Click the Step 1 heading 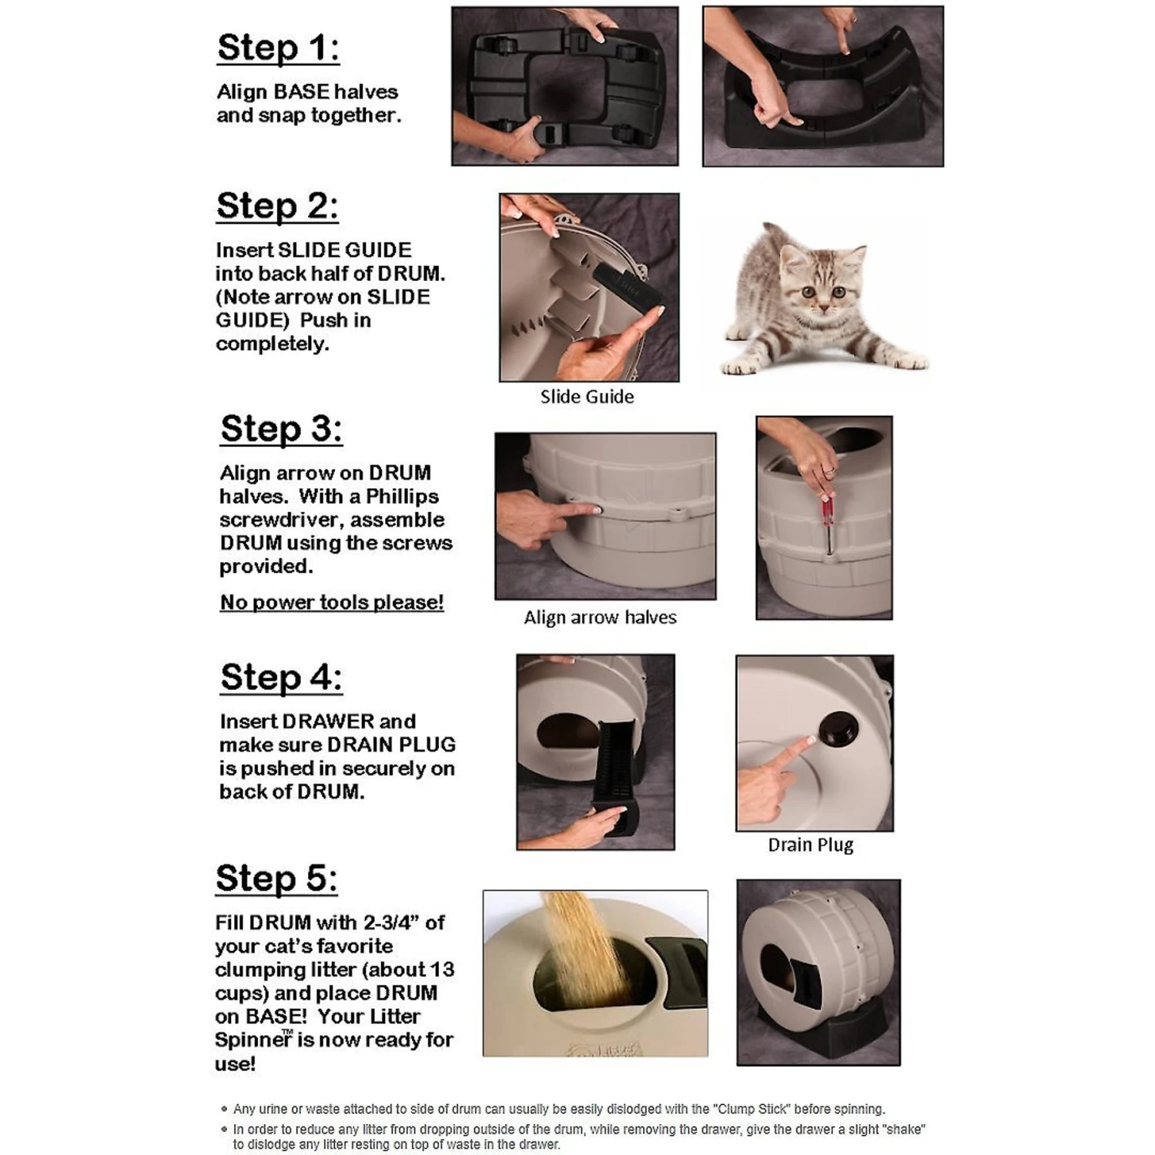pyautogui.click(x=277, y=48)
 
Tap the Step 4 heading pyautogui.click(x=281, y=678)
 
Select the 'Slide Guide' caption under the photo pyautogui.click(x=587, y=397)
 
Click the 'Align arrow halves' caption pyautogui.click(x=600, y=618)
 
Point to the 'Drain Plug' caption pyautogui.click(x=810, y=845)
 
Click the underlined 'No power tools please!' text pyautogui.click(x=332, y=602)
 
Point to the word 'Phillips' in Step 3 pyautogui.click(x=402, y=497)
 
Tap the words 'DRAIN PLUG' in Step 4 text pyautogui.click(x=391, y=745)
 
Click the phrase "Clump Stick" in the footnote pyautogui.click(x=751, y=1110)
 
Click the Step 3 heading pyautogui.click(x=281, y=429)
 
